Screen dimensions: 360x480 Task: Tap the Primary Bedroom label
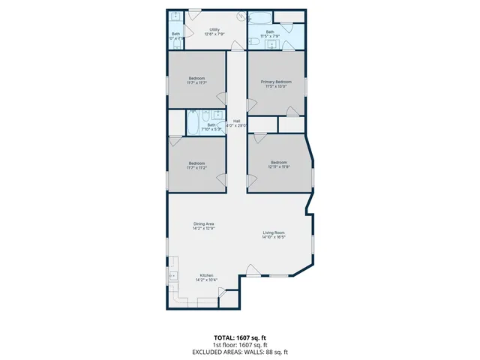tap(276, 81)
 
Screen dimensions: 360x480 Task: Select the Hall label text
tap(236, 121)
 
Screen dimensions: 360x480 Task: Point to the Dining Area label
tap(205, 223)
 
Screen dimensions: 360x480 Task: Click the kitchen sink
tap(172, 275)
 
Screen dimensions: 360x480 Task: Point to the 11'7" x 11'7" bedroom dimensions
tap(196, 83)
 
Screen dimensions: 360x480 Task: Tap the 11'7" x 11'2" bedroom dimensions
tap(196, 167)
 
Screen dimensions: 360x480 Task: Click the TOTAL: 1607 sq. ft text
tap(240, 338)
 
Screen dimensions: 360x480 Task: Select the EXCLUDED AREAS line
tap(240, 352)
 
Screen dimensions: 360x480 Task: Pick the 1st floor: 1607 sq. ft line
tap(240, 345)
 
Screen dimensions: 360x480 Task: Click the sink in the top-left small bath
tap(174, 17)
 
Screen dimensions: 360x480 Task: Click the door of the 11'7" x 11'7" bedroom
tap(221, 98)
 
